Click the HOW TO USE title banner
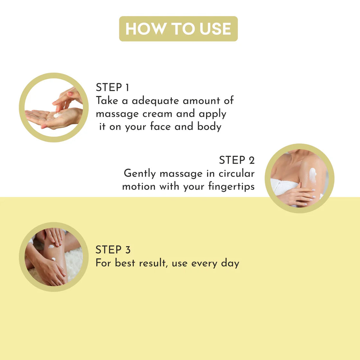(178, 29)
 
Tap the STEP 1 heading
(113, 87)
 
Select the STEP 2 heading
(237, 160)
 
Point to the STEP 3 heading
(113, 249)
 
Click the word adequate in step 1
(155, 101)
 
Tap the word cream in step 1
(157, 114)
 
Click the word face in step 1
(160, 126)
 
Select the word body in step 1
(209, 127)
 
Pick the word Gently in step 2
(140, 174)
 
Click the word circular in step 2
(237, 173)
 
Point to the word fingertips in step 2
(231, 186)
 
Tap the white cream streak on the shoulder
(313, 175)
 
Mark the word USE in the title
(215, 29)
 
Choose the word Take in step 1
(107, 101)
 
